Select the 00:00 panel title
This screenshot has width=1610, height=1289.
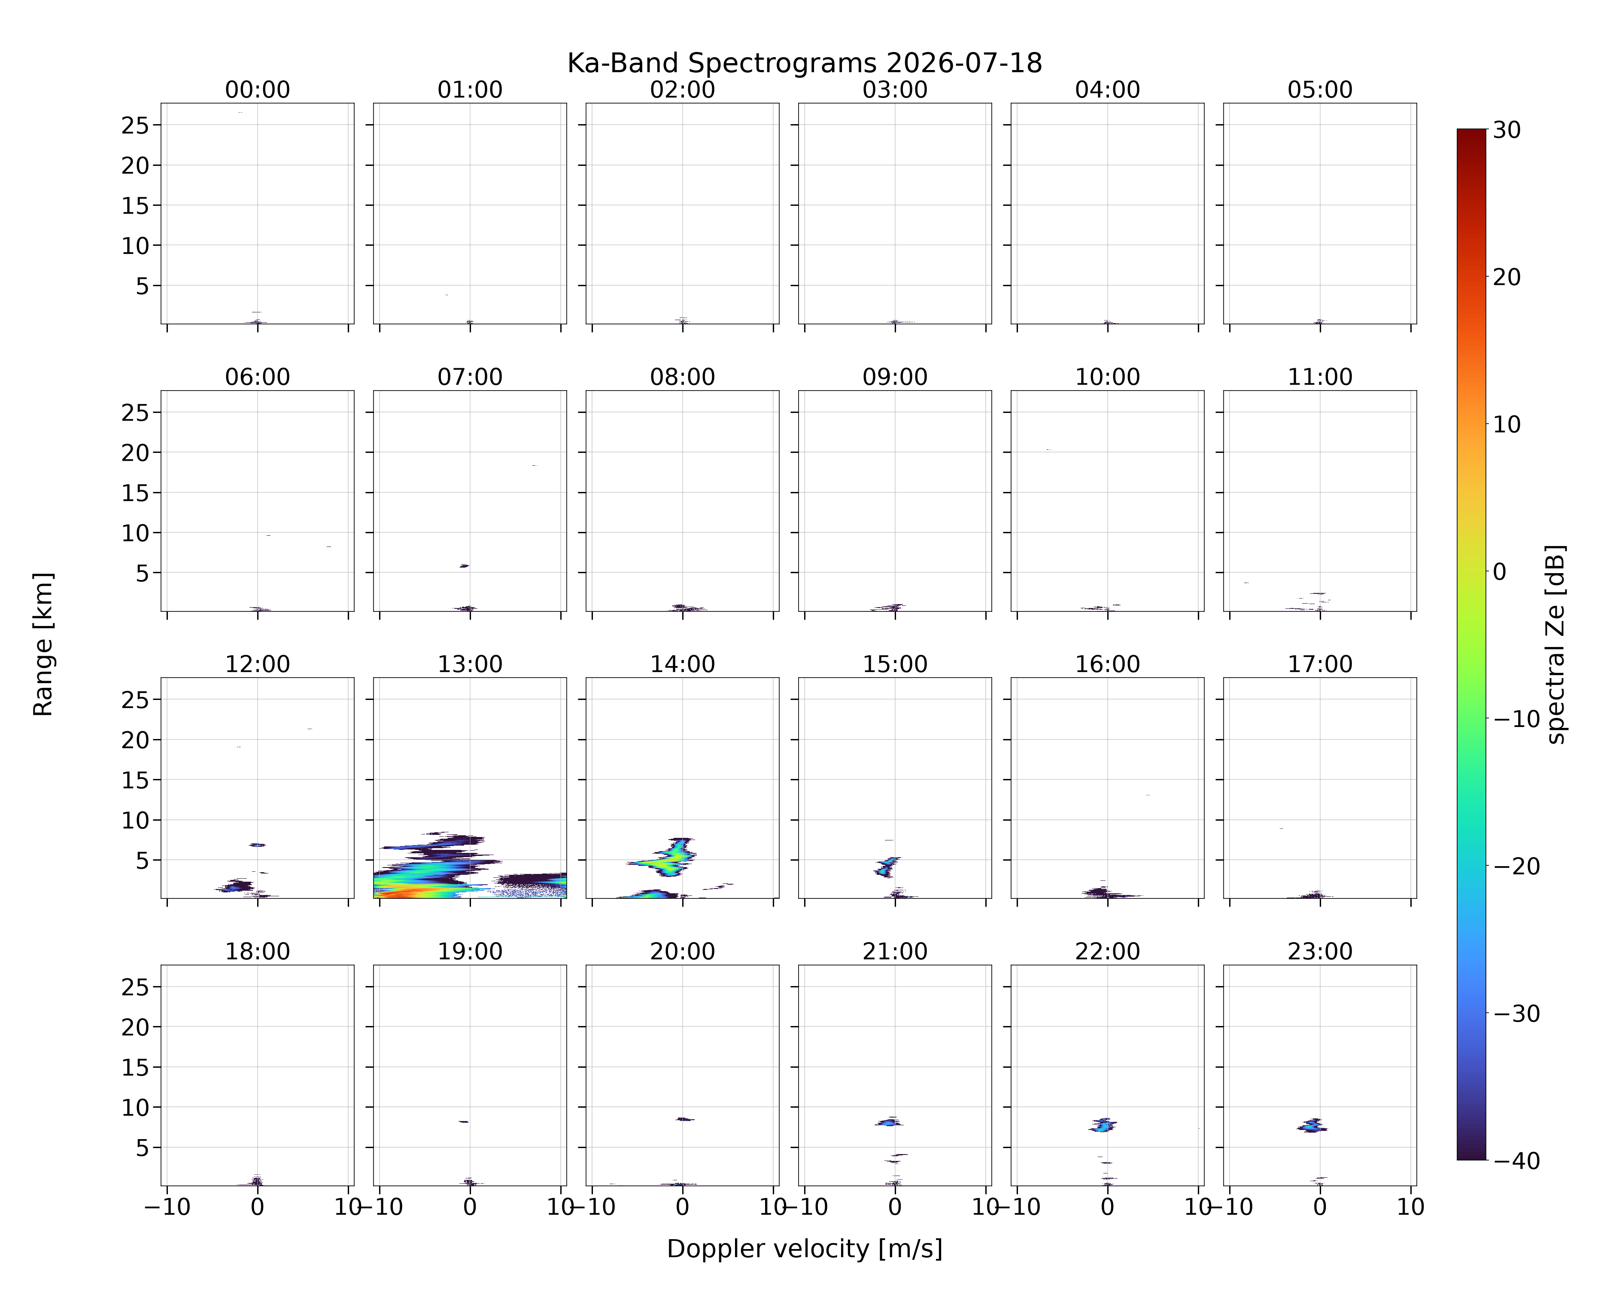tap(258, 90)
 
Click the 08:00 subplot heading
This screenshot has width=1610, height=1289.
tap(683, 377)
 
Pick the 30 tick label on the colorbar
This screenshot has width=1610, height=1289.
tap(1507, 130)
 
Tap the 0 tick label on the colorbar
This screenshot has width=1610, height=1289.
tap(1500, 571)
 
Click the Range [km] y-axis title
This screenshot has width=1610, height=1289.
tap(43, 644)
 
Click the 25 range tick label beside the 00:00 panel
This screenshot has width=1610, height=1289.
tap(136, 125)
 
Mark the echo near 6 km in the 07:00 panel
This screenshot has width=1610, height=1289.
tap(464, 566)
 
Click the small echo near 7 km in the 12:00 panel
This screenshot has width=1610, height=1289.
tap(258, 845)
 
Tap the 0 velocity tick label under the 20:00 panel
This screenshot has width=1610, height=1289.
tap(683, 1207)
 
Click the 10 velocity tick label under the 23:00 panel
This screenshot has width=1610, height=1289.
tap(1411, 1207)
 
